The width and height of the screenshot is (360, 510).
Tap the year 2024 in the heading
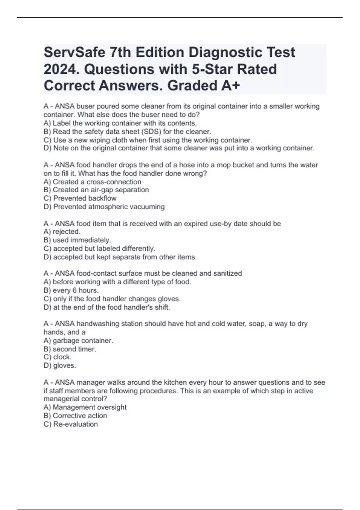tap(61, 70)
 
